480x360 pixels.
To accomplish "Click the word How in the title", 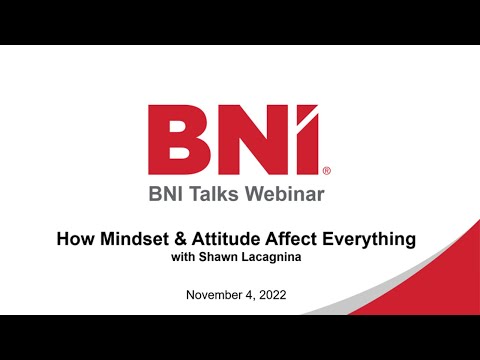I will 73,240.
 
